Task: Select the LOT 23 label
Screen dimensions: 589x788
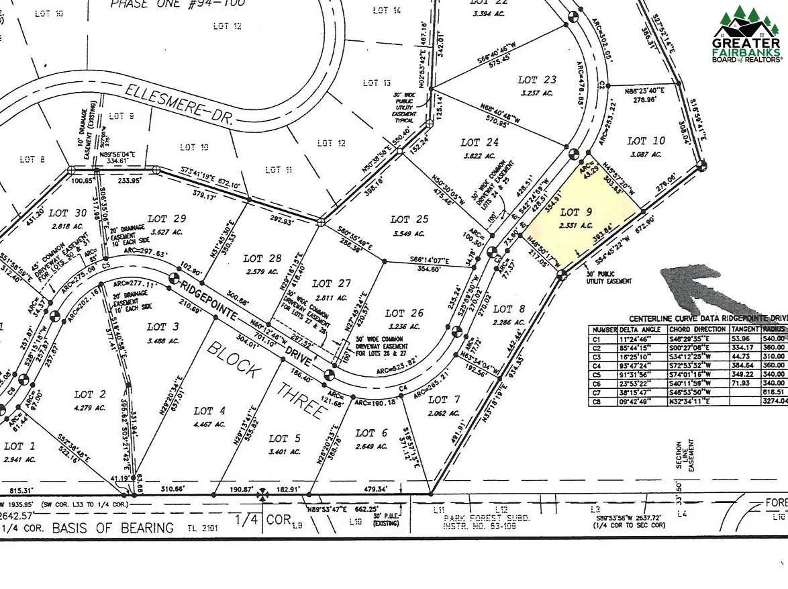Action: (538, 80)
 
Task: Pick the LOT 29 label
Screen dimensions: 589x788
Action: (166, 218)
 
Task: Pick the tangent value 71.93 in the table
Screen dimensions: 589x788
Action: (742, 382)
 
